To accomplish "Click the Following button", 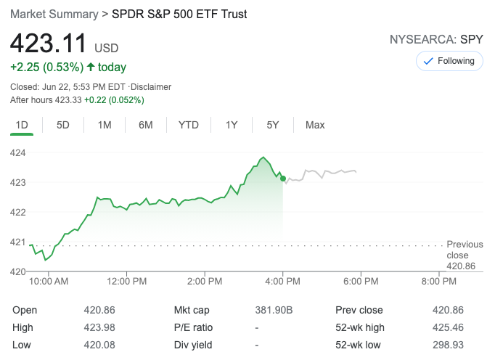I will [449, 61].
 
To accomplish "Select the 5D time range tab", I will [63, 125].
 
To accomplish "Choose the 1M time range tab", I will [105, 125].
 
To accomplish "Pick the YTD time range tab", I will [189, 125].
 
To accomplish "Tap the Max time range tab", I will [315, 125].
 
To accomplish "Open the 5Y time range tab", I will [273, 125].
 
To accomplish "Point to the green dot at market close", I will [283, 178].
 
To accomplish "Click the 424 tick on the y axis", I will [17, 152].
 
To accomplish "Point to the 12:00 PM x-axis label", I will [126, 281].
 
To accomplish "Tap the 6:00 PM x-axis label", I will [361, 281].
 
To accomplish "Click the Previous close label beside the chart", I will [464, 250].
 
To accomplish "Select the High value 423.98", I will [99, 327].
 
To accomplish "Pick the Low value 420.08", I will [99, 345].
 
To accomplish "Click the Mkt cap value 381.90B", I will [274, 310].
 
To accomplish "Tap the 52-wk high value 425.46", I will [448, 327].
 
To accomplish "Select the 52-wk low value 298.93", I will [448, 345].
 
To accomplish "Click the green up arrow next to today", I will [90, 67].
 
